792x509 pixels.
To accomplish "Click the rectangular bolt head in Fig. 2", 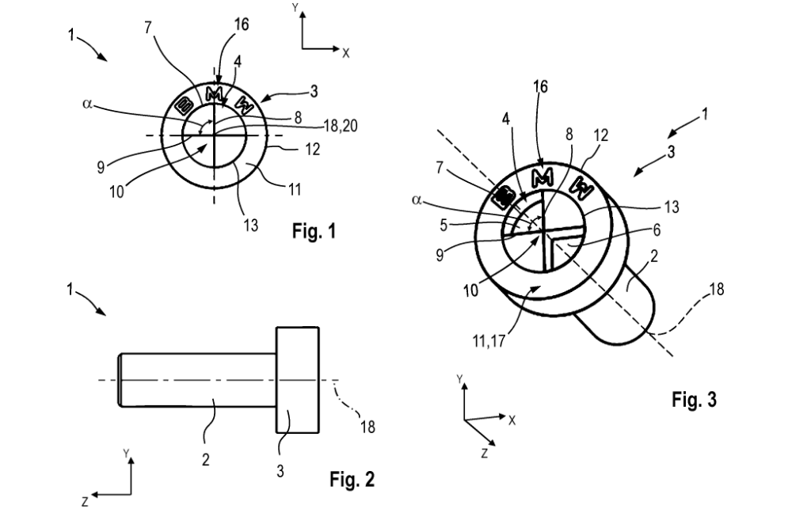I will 298,380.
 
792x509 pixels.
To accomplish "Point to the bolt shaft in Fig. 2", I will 198,380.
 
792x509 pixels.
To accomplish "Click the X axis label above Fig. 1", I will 346,52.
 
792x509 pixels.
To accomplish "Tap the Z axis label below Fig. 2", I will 85,501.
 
